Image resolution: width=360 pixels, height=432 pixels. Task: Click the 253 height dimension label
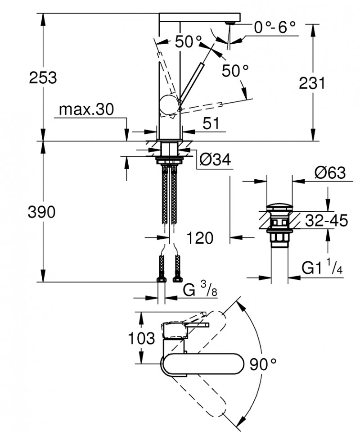click(43, 77)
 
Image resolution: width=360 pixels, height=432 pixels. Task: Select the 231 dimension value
click(311, 83)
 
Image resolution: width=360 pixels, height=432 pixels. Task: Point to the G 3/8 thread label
click(200, 289)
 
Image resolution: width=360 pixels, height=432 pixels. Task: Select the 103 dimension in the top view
click(142, 338)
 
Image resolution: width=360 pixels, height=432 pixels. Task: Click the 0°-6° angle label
click(275, 28)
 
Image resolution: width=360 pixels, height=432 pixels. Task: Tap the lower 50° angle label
click(235, 70)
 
